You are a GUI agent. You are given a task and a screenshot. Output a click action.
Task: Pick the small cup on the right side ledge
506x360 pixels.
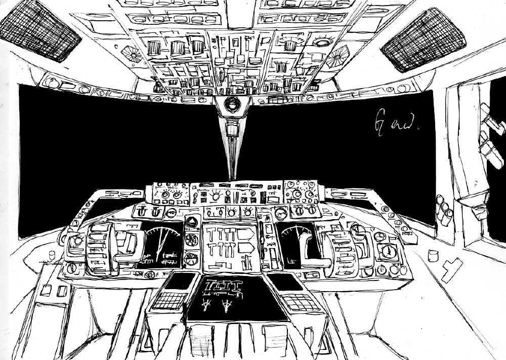pos(433,255)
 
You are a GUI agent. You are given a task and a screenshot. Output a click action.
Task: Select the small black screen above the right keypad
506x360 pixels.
pos(285,282)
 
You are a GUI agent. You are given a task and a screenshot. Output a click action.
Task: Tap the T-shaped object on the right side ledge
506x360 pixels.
pos(451,268)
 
